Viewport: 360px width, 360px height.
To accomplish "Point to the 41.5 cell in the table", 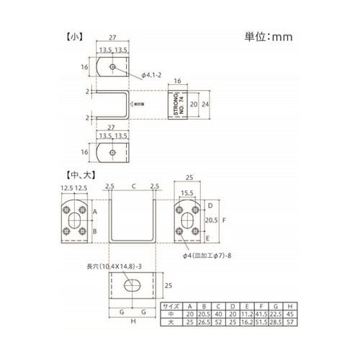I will point(261,313).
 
